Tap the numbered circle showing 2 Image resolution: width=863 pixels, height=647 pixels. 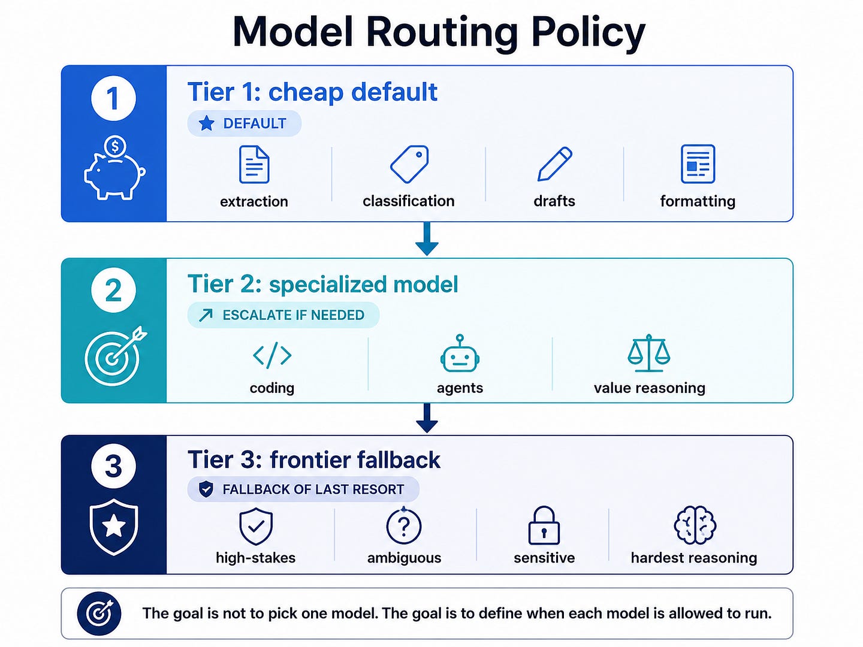(x=114, y=290)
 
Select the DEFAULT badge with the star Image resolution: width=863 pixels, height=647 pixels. (x=244, y=123)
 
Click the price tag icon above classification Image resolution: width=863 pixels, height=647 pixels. (x=409, y=164)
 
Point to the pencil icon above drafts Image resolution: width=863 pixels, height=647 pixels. (x=555, y=164)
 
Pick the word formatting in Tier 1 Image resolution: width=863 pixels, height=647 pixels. (x=698, y=201)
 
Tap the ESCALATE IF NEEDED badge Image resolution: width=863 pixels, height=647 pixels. (x=283, y=315)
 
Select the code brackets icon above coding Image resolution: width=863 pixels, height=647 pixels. (x=272, y=355)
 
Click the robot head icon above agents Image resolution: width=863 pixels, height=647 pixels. (x=460, y=353)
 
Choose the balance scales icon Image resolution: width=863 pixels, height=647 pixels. (x=648, y=353)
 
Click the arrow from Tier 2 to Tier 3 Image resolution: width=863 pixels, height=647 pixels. (x=427, y=418)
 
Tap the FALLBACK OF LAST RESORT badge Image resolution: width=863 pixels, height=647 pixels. (x=303, y=489)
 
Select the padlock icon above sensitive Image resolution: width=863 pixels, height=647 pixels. (x=544, y=525)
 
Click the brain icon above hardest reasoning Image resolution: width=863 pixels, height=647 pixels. (x=695, y=525)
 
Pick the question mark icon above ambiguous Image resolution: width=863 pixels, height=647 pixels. (x=404, y=525)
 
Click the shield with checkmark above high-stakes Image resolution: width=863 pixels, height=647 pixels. (x=256, y=526)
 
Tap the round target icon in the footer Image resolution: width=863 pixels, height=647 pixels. (x=99, y=613)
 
